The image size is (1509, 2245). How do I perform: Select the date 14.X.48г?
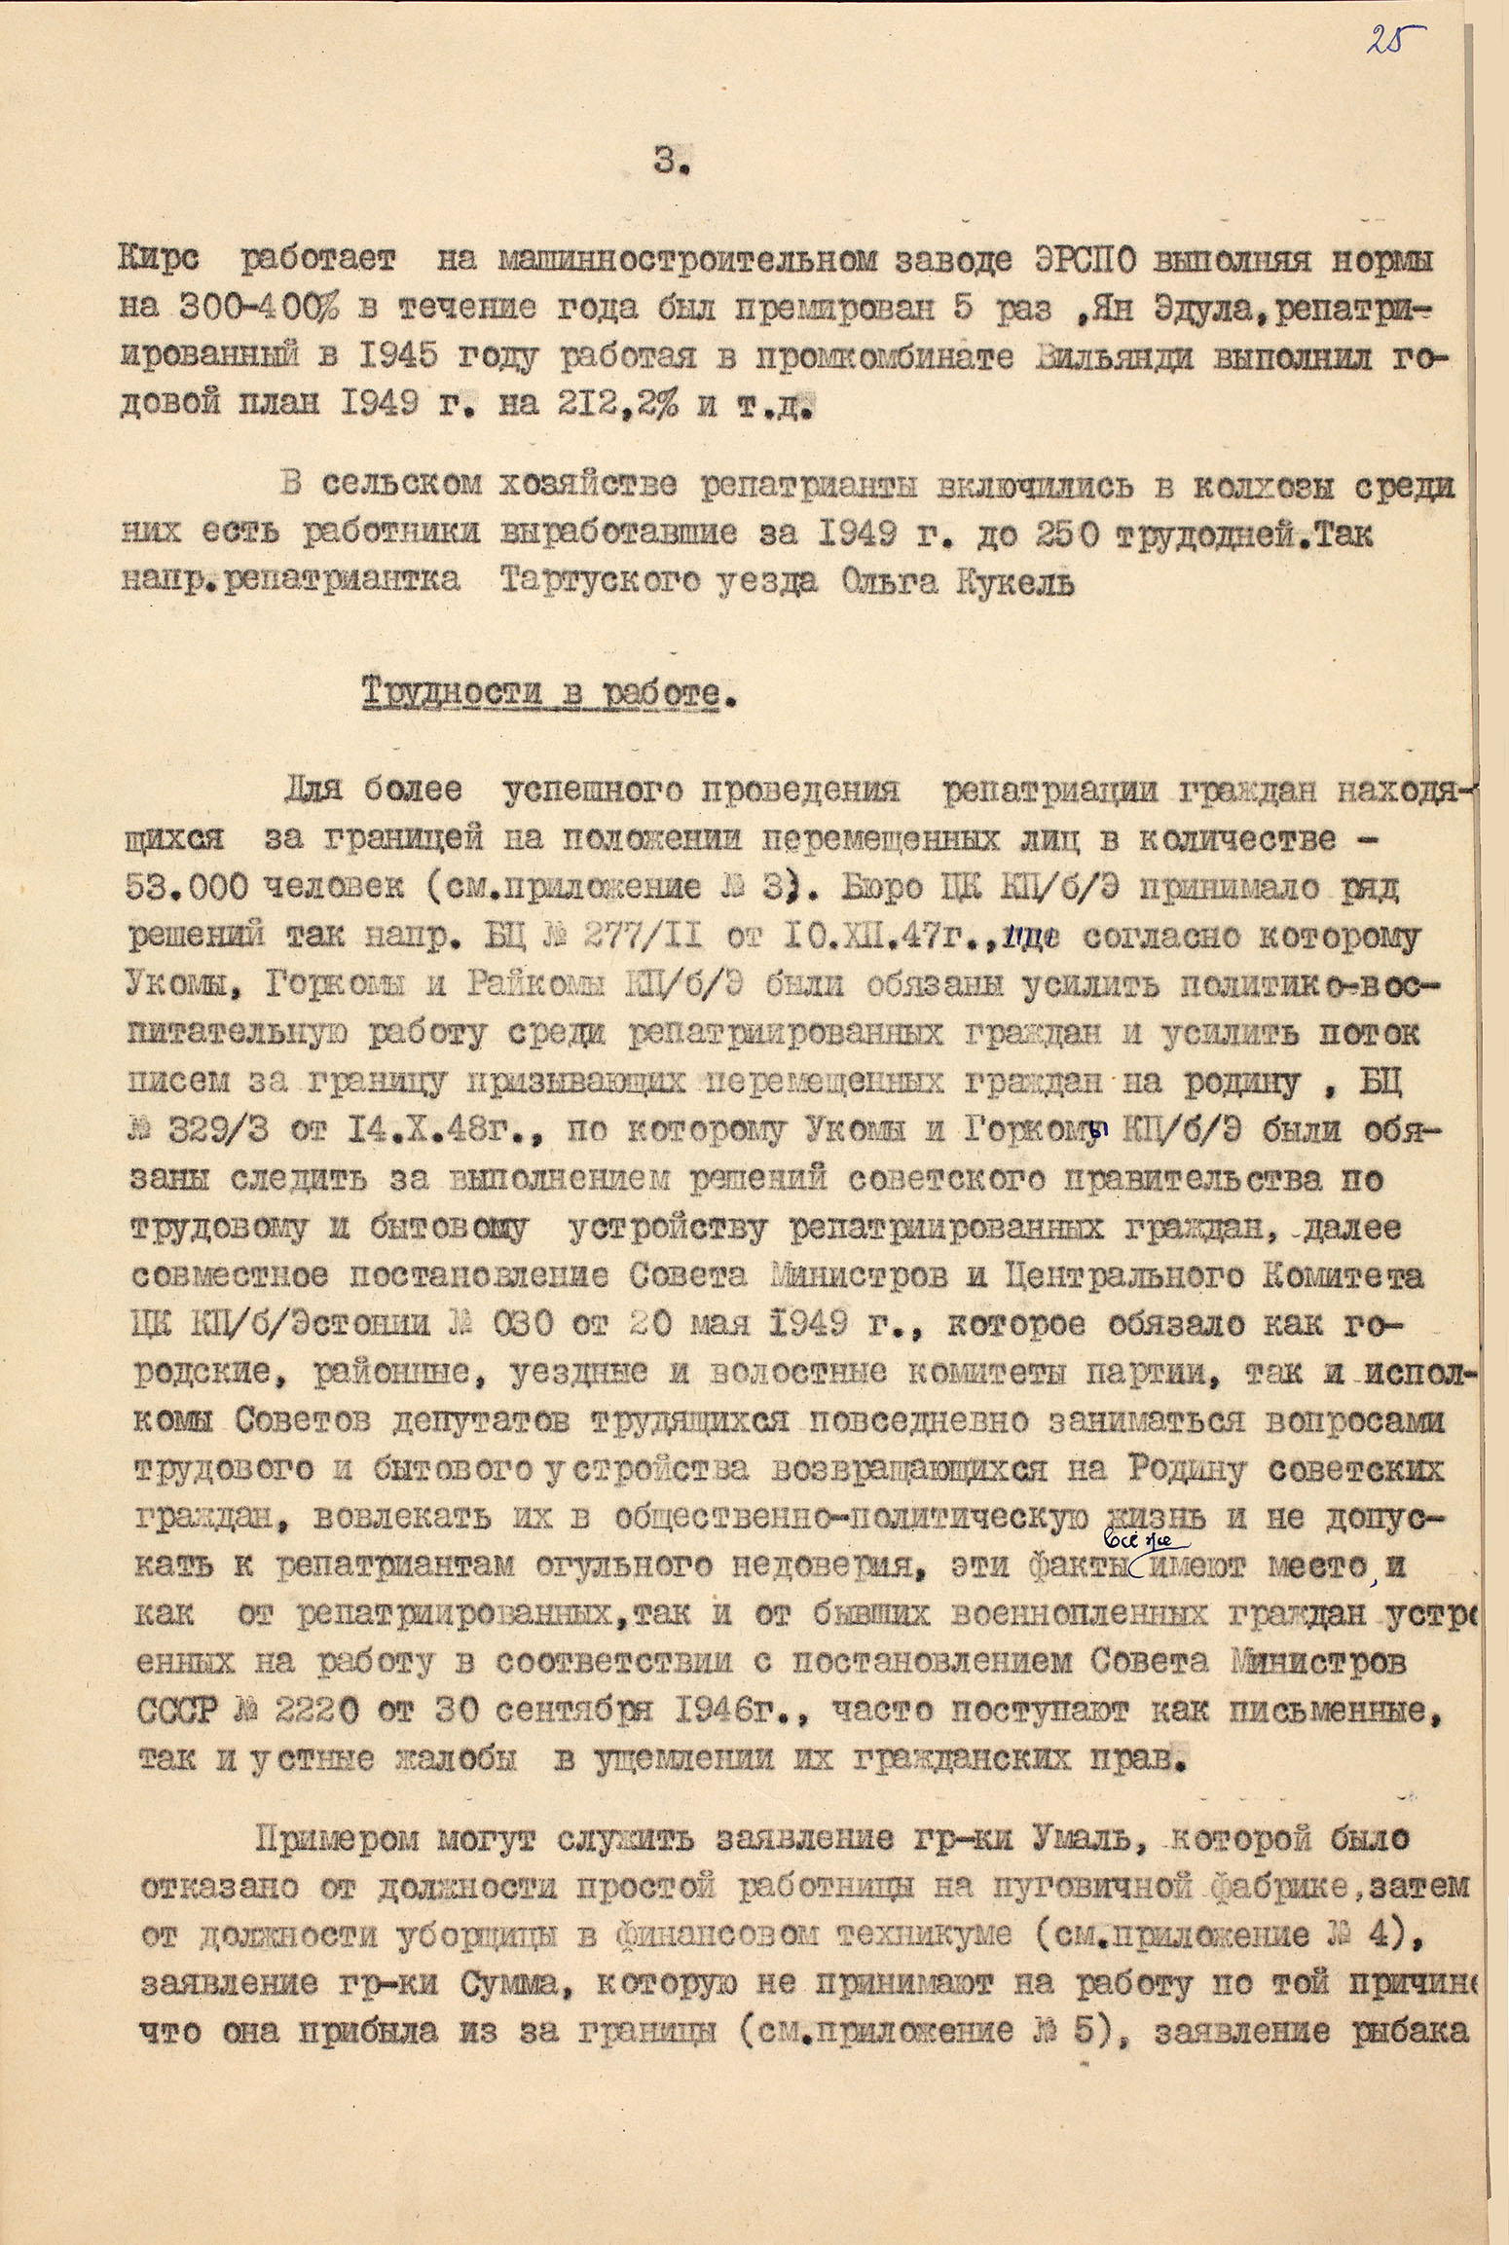coord(473,1131)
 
